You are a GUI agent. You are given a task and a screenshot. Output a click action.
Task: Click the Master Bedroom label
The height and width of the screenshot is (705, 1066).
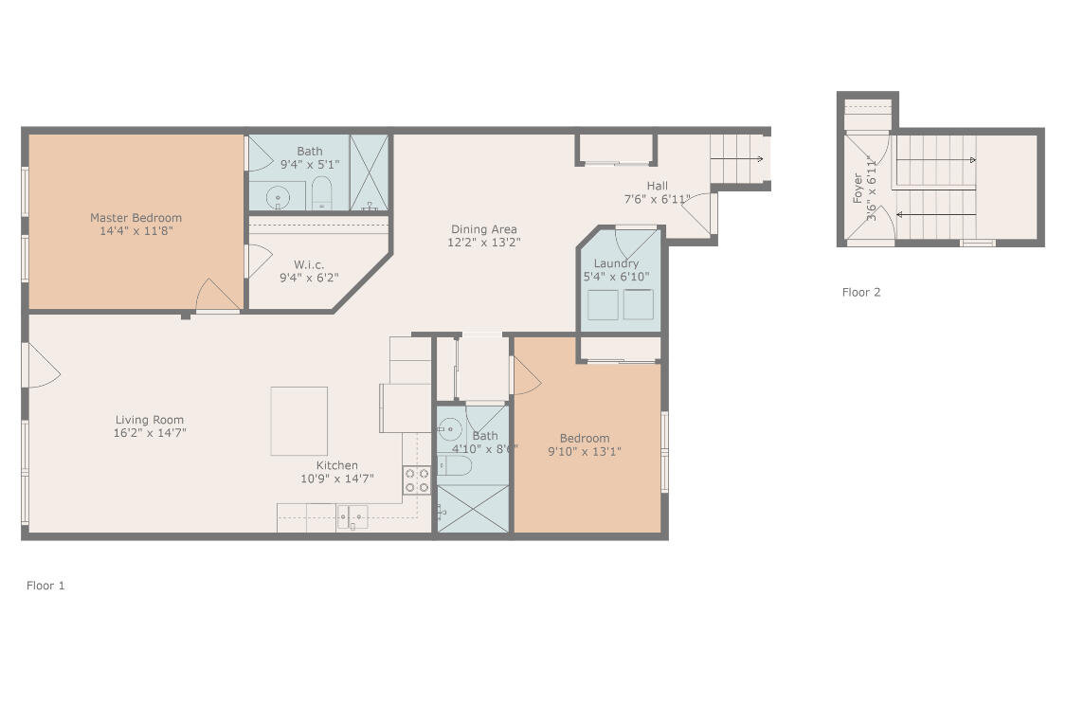[x=136, y=218]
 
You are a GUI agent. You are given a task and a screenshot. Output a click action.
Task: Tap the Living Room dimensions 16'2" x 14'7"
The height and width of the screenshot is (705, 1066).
[x=150, y=432]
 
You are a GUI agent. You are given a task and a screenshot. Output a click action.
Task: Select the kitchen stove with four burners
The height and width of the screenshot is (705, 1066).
[x=416, y=480]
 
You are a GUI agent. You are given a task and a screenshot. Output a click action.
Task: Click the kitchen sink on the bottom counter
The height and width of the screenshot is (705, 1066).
[x=352, y=516]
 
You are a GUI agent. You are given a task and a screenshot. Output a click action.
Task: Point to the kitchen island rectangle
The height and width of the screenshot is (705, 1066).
[x=299, y=421]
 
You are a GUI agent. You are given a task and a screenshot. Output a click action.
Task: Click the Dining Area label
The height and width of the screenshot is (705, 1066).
[x=484, y=229]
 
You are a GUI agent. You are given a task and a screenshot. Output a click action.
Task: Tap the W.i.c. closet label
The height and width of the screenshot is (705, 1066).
[x=309, y=264]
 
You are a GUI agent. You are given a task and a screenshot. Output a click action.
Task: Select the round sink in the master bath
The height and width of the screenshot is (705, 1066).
[x=278, y=198]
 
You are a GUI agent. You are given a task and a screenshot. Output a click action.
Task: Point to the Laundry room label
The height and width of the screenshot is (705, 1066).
[x=616, y=263]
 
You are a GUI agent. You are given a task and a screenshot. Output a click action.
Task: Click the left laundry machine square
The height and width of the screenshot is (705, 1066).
[x=603, y=304]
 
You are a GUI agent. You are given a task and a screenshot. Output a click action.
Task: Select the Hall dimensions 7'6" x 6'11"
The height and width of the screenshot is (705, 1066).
[x=657, y=199]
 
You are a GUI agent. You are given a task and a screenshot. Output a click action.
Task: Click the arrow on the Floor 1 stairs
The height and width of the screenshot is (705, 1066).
[x=737, y=159]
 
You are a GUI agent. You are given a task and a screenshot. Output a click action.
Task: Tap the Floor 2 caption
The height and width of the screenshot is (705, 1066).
[x=861, y=293]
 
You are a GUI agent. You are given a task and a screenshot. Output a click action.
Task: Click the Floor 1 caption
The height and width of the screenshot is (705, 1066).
[x=45, y=586]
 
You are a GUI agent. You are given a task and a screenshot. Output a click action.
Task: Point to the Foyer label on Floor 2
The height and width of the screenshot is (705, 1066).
[x=858, y=188]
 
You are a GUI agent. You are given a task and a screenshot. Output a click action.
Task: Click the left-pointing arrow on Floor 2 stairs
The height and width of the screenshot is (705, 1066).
[x=936, y=215]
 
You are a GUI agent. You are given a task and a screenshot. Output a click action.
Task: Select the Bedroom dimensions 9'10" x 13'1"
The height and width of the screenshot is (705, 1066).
[x=585, y=451]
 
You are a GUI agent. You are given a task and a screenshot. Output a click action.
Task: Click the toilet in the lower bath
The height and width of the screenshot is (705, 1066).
[x=455, y=465]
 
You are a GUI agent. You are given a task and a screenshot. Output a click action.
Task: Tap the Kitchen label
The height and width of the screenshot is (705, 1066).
[x=337, y=465]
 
